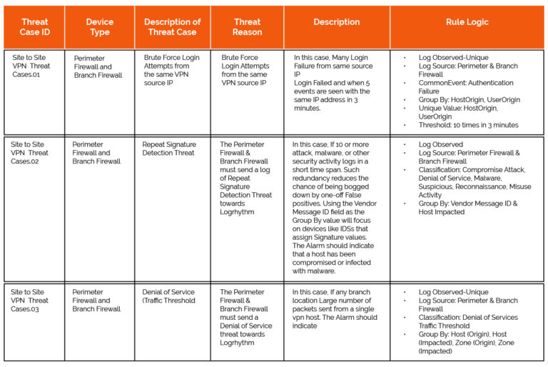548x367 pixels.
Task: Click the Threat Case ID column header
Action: pyautogui.click(x=34, y=27)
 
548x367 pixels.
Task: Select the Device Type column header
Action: pyautogui.click(x=100, y=27)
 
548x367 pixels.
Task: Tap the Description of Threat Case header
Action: pyautogui.click(x=173, y=27)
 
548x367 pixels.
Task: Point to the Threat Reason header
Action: pyautogui.click(x=247, y=27)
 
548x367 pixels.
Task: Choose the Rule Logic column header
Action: pyautogui.click(x=467, y=22)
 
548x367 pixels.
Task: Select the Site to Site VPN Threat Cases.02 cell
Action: pyautogui.click(x=31, y=153)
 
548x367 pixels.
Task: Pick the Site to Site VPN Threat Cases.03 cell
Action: pyautogui.click(x=31, y=301)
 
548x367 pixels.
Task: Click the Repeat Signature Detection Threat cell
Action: pyautogui.click(x=169, y=149)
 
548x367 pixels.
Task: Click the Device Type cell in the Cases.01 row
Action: pyautogui.click(x=98, y=66)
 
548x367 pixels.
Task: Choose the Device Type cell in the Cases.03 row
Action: pyautogui.click(x=97, y=301)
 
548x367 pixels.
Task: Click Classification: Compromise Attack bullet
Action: pyautogui.click(x=472, y=170)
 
